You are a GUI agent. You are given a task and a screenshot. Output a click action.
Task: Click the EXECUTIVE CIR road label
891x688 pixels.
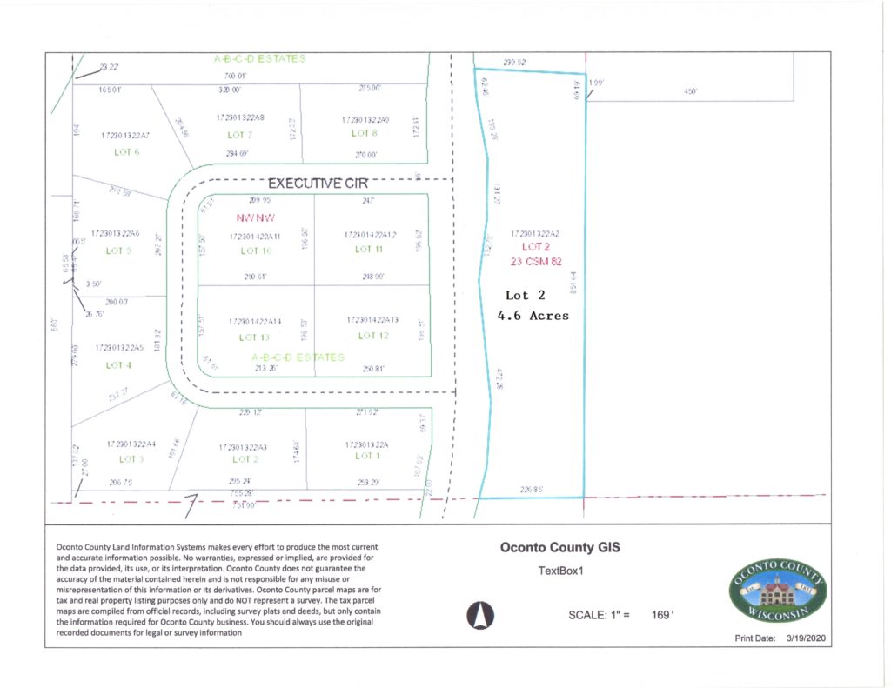click(318, 184)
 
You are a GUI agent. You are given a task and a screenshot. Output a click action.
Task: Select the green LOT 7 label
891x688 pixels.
click(239, 135)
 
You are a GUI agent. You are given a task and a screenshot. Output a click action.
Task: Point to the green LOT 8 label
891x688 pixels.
click(365, 134)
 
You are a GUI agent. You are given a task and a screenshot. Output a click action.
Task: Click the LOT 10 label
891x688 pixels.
click(256, 250)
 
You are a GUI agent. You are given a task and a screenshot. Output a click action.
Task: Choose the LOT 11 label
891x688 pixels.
click(369, 250)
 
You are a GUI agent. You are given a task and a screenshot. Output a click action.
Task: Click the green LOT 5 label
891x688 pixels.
click(118, 250)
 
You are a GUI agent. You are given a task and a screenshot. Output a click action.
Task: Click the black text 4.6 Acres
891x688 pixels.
click(533, 316)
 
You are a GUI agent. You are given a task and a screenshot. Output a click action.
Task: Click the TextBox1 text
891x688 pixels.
click(559, 571)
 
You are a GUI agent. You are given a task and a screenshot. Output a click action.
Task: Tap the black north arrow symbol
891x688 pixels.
click(476, 615)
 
